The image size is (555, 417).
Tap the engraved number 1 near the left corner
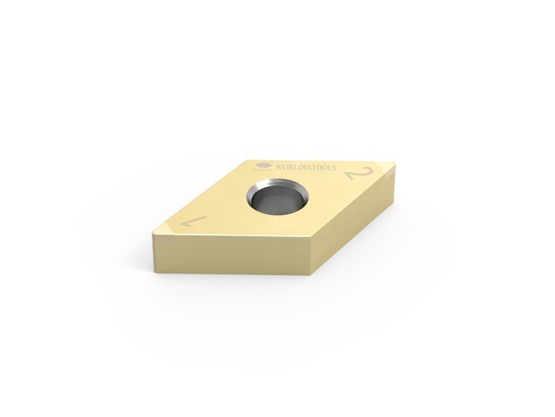tap(194, 221)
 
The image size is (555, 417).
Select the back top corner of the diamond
tap(254, 154)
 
